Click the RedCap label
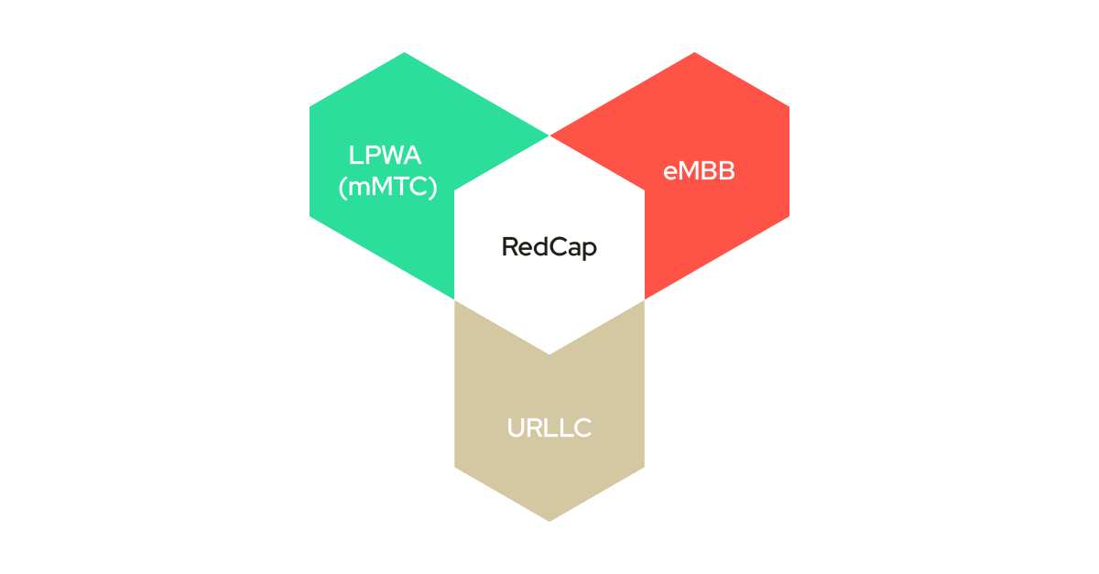[549, 247]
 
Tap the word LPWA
[385, 155]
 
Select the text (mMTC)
[386, 187]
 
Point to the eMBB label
[699, 171]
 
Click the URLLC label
[549, 428]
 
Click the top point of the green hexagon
[405, 53]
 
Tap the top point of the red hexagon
[694, 53]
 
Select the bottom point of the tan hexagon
[549, 520]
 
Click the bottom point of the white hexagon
[549, 353]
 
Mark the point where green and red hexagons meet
[549, 135]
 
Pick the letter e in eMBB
[669, 172]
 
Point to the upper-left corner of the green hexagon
[310, 107]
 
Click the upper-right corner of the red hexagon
[789, 107]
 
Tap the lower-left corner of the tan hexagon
[455, 467]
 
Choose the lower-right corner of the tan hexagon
[644, 467]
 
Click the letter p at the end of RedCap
[590, 250]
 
